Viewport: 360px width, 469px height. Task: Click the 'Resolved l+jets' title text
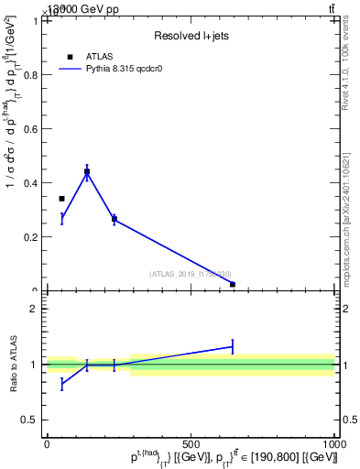click(191, 36)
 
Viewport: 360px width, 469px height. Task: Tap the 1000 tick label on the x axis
click(333, 444)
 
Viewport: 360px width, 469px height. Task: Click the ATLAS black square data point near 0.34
click(61, 199)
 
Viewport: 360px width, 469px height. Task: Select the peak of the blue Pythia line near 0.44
click(87, 171)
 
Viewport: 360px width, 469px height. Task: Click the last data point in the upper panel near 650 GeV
click(233, 284)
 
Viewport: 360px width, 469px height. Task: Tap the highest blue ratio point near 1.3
click(233, 346)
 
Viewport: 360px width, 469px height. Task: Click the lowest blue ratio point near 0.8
click(61, 384)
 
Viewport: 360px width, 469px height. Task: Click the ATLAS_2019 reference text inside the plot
click(191, 274)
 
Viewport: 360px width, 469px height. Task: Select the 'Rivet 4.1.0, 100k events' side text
click(352, 82)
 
